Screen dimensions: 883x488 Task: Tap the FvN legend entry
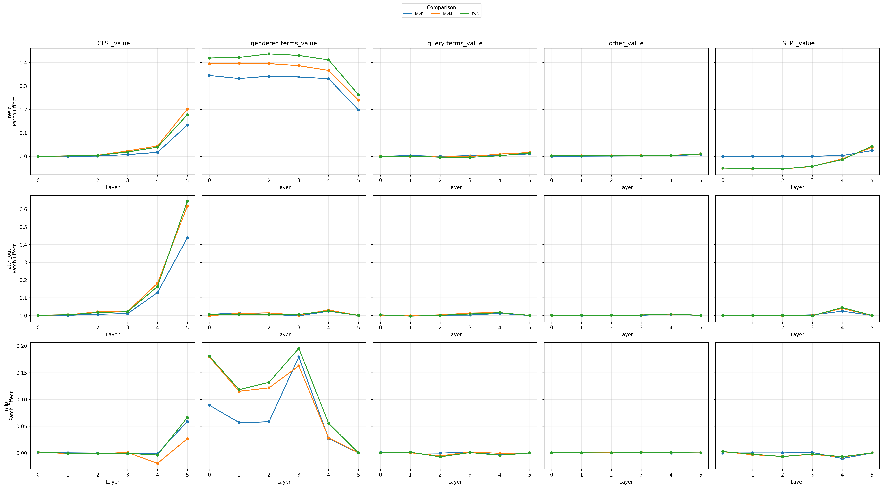click(x=470, y=14)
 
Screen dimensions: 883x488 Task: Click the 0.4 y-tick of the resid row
click(x=23, y=63)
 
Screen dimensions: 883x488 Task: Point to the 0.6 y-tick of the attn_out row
click(x=23, y=209)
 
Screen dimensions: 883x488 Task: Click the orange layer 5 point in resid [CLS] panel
click(x=187, y=109)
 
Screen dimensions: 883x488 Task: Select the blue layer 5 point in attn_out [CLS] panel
click(x=187, y=238)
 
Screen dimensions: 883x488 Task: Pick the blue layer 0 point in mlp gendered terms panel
click(x=209, y=405)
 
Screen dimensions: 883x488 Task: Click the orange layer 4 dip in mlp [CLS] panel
click(x=157, y=463)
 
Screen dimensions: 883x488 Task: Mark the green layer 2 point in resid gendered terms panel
click(x=269, y=54)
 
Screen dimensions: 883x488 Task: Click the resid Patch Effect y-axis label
click(x=12, y=111)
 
